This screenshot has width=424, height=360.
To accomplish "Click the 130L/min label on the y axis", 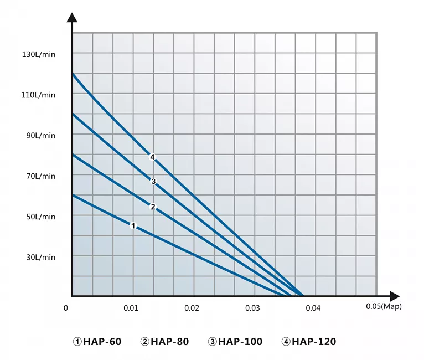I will [39, 54].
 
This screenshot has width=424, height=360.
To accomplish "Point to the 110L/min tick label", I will [39, 95].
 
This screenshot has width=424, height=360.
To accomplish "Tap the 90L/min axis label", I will [41, 135].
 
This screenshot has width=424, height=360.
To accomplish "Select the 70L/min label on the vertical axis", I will [41, 176].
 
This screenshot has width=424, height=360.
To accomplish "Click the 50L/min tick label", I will [41, 217].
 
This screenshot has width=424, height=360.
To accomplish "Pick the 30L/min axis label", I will [41, 257].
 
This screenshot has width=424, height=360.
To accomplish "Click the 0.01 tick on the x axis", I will [131, 308].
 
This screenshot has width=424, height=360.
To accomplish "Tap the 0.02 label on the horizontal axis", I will [192, 308].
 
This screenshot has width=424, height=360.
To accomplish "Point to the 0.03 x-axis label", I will [252, 308].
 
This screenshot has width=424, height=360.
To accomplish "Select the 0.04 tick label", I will [313, 308].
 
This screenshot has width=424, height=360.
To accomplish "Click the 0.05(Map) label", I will [384, 306].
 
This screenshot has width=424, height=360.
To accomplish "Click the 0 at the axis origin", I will [66, 308].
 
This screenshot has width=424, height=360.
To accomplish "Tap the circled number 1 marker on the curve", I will [133, 225].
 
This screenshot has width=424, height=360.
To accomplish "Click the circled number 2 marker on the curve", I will [153, 207].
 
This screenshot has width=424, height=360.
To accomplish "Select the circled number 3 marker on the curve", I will [153, 181].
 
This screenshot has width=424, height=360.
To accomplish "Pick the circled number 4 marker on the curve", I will [152, 157].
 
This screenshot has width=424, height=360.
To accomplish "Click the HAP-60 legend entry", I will [97, 342].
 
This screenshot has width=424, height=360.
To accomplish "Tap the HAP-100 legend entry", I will [235, 342].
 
